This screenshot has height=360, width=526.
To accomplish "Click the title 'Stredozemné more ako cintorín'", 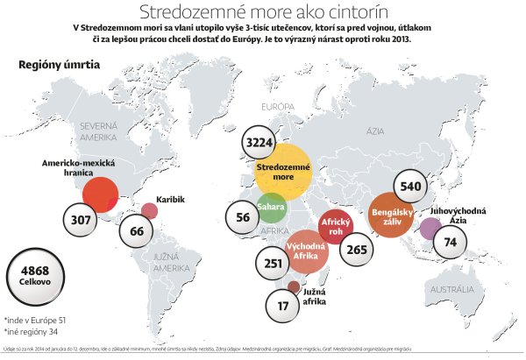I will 262,11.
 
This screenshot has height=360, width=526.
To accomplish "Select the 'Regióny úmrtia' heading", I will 59,65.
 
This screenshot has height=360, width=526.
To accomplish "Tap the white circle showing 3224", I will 261,142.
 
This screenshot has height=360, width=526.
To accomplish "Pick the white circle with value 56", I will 243,217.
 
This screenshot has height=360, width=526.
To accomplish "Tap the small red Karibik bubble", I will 150,210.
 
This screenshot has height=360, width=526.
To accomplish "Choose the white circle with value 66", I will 136,232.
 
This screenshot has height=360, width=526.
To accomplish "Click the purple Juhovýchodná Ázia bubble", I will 430,228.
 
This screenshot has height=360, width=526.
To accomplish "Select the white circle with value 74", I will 451,243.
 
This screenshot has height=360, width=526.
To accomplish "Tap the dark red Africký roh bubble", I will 335,226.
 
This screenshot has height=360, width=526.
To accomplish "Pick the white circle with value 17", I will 281,306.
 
